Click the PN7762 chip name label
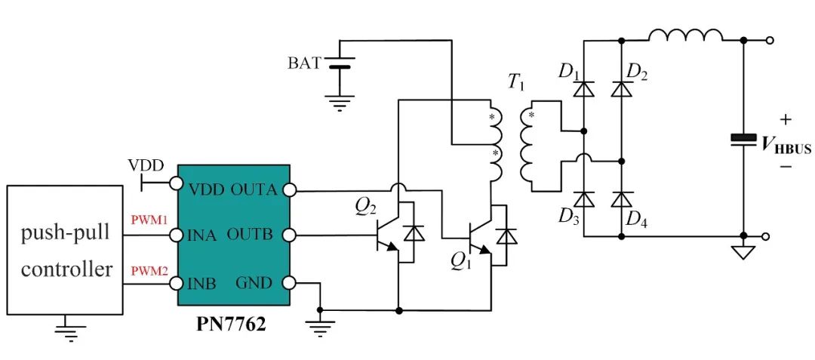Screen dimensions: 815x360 [231, 325]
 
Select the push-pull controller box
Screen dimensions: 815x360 [66, 250]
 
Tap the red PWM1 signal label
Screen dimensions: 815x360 [149, 220]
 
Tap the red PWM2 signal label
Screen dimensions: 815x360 [149, 270]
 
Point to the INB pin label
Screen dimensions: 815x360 [201, 284]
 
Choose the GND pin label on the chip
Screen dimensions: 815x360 [254, 283]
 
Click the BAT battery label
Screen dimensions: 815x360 [304, 64]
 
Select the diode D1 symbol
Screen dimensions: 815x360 [583, 90]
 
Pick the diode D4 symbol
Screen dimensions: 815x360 [622, 199]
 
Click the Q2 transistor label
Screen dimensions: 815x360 [366, 208]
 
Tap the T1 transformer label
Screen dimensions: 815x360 [515, 84]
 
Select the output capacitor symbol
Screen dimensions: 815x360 [743, 139]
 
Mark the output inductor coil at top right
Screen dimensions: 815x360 [685, 35]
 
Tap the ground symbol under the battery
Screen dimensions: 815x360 [340, 103]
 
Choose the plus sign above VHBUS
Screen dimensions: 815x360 [786, 120]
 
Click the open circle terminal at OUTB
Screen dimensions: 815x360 [290, 235]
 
